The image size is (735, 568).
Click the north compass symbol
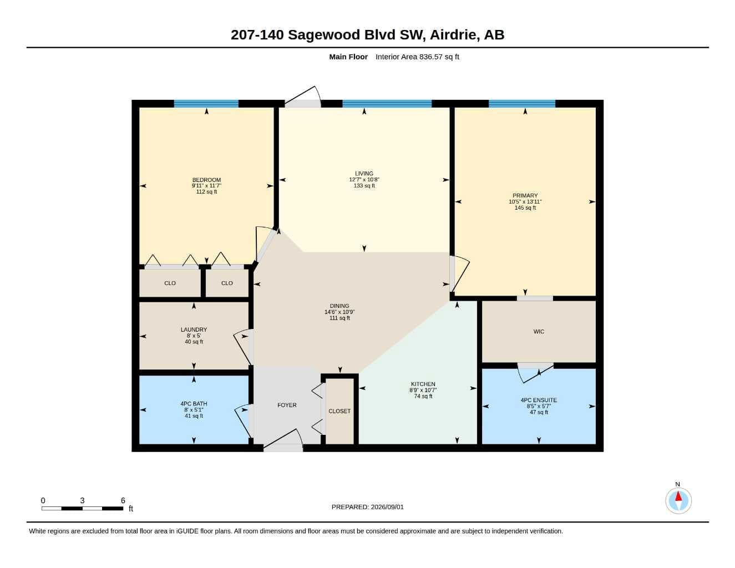coord(678,500)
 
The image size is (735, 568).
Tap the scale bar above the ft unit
coord(82,508)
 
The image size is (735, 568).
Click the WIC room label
coord(539,332)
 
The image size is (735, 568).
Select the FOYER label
coord(287,405)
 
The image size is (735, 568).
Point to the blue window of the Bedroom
coord(206,104)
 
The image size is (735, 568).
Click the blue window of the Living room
coord(387,104)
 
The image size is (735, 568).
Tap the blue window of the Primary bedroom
coord(522,104)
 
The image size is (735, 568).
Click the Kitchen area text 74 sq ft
coord(423,396)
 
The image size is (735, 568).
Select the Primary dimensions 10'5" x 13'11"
coord(525,201)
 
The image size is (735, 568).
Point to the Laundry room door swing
coord(243,348)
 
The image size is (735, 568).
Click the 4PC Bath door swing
coord(244,421)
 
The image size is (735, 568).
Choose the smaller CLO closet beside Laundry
coord(227,283)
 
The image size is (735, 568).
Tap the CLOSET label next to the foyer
coord(339,411)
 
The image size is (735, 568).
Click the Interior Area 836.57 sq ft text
coord(417,57)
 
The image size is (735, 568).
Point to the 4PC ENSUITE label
coord(539,400)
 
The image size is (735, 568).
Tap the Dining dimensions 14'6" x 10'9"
coord(339,312)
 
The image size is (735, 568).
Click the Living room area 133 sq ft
coord(364,186)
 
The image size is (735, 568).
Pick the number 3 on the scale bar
coord(82,500)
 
